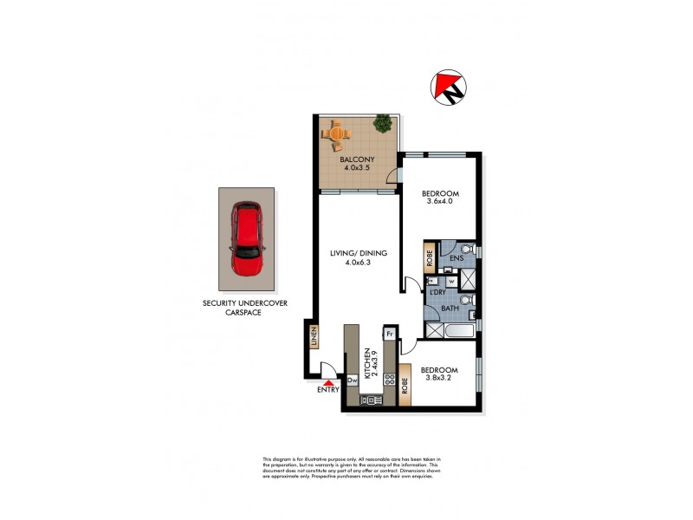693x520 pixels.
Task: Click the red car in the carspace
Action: click(x=247, y=238)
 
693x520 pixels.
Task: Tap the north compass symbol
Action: click(x=448, y=88)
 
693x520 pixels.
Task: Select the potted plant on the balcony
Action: click(x=381, y=125)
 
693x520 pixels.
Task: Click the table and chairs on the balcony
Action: click(x=336, y=134)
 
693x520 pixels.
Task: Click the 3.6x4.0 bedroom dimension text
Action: click(x=439, y=202)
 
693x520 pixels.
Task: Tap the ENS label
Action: click(x=456, y=257)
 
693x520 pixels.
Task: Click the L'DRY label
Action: click(x=438, y=293)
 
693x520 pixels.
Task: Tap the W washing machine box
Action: click(x=451, y=282)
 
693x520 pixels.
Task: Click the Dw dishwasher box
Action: click(x=353, y=380)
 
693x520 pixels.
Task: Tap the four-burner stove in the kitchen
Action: click(x=390, y=380)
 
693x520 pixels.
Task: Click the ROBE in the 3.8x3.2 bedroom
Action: click(x=405, y=380)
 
